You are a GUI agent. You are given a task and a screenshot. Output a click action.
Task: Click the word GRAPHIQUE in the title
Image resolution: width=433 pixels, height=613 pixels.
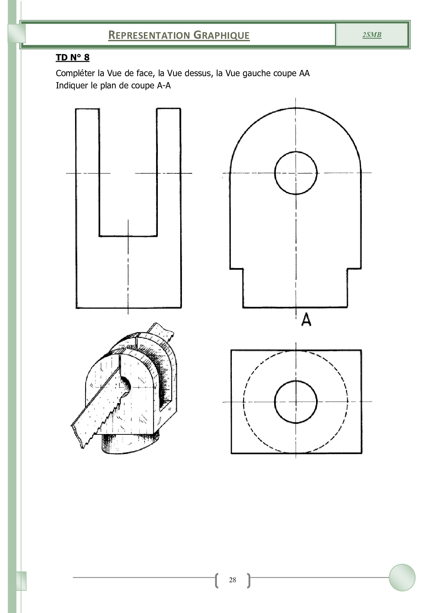(222, 35)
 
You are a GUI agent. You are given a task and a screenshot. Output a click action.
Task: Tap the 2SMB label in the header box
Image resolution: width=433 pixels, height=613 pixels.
(372, 35)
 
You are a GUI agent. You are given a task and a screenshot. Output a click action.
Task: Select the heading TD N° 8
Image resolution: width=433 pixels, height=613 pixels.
(73, 57)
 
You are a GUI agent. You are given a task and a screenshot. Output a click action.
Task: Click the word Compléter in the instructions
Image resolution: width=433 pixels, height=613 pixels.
(75, 73)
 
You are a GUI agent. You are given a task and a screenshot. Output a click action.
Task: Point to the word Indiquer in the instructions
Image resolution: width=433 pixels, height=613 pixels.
(72, 86)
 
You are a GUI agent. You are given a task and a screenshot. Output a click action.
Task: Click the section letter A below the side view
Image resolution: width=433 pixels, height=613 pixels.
(306, 319)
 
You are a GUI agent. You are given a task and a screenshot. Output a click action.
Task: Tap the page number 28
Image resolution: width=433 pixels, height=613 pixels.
(233, 580)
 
